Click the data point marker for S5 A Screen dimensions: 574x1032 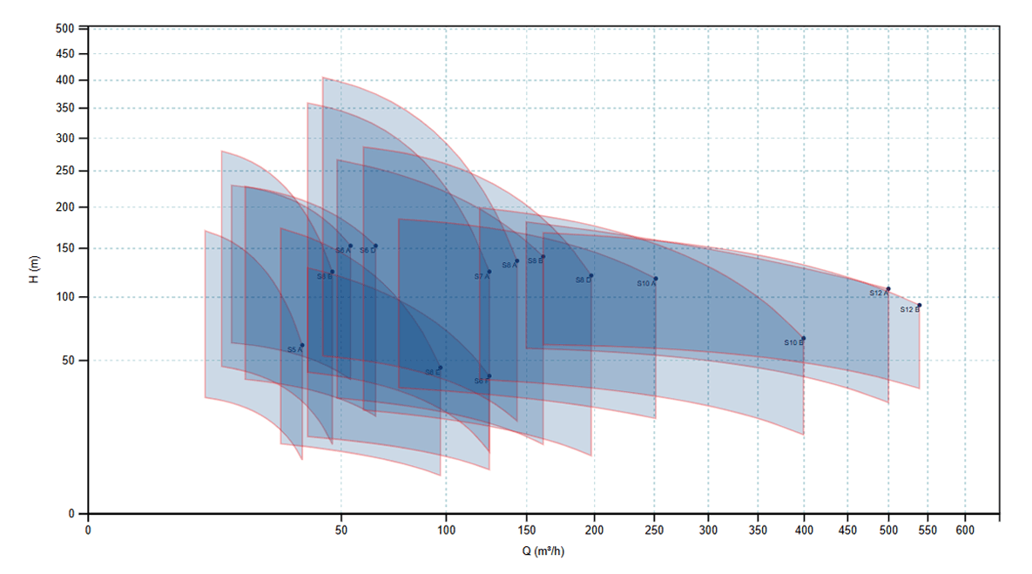302,345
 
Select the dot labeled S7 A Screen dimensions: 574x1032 489,272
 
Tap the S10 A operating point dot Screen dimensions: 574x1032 656,279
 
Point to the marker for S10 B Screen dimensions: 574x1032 804,338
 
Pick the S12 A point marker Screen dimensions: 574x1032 888,288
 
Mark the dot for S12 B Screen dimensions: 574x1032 919,306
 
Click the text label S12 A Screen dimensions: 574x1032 878,294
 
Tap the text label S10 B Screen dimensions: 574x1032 793,343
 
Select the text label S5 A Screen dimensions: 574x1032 295,350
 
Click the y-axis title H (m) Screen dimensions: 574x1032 34,270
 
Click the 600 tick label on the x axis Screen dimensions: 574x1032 965,530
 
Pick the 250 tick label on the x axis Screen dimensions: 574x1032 655,530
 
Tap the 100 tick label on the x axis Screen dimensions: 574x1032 446,530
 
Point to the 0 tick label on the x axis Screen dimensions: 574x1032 88,530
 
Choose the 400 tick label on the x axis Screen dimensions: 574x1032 804,530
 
